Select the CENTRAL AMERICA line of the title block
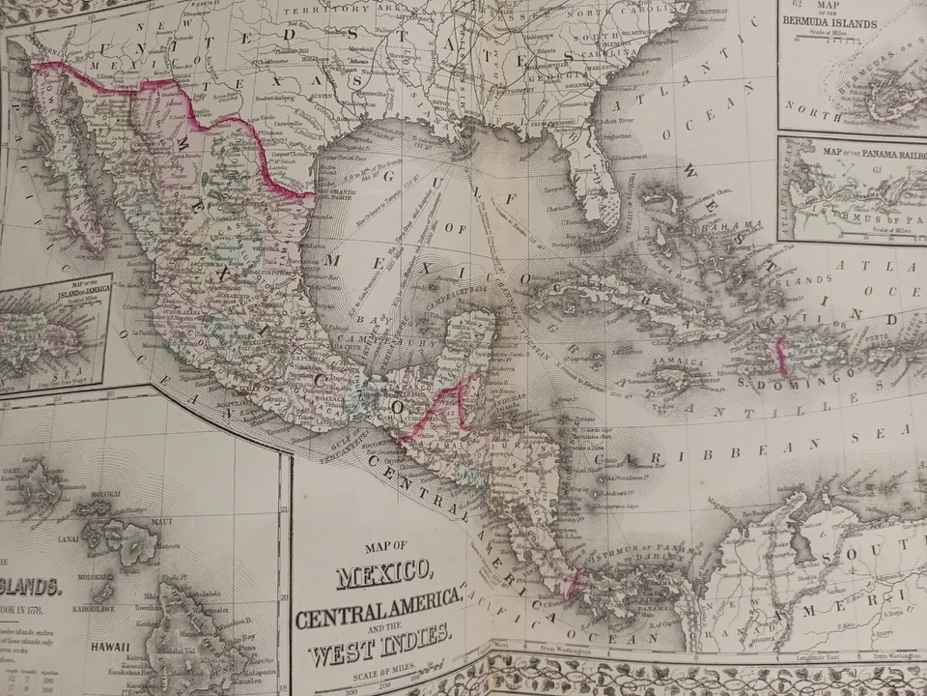click(x=378, y=611)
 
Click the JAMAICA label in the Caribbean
click(x=677, y=362)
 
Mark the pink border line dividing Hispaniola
click(x=780, y=355)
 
